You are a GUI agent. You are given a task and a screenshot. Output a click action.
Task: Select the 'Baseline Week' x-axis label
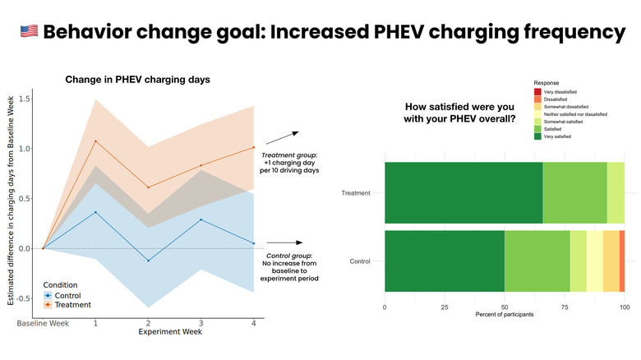pyautogui.click(x=43, y=324)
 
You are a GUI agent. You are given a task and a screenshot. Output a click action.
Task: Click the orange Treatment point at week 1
pyautogui.click(x=95, y=141)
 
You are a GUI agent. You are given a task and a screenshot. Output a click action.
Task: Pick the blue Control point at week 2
pyautogui.click(x=148, y=261)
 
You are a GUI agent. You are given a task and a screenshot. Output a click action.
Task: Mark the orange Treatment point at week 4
pyautogui.click(x=253, y=147)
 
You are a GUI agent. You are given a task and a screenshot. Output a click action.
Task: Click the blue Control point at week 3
pyautogui.click(x=201, y=219)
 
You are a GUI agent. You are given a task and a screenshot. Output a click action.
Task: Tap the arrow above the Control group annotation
pyautogui.click(x=284, y=242)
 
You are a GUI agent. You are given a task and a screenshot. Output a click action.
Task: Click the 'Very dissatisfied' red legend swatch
pyautogui.click(x=537, y=92)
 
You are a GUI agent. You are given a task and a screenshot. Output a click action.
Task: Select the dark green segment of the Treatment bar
pyautogui.click(x=463, y=193)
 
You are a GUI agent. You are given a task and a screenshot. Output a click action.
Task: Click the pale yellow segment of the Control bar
pyautogui.click(x=594, y=261)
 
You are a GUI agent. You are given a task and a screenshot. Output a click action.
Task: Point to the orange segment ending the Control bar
pyautogui.click(x=622, y=261)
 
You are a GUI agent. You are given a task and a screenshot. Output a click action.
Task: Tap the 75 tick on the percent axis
pyautogui.click(x=565, y=309)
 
